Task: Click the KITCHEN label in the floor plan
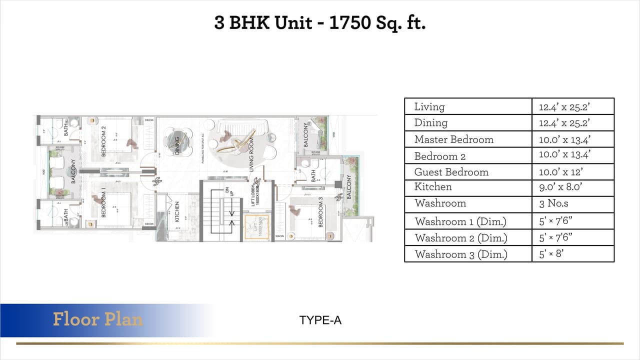pos(177,211)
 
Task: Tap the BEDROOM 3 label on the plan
pos(320,211)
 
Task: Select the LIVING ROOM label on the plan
pos(252,157)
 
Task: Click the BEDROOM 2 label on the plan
pos(104,141)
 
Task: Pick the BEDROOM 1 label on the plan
pos(103,202)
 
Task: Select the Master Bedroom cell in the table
pos(453,139)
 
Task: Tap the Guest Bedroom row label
pos(451,172)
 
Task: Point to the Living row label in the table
pos(429,106)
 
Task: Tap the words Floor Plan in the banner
pos(97,319)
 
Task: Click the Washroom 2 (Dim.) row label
pos(460,237)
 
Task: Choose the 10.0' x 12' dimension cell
pos(560,172)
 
